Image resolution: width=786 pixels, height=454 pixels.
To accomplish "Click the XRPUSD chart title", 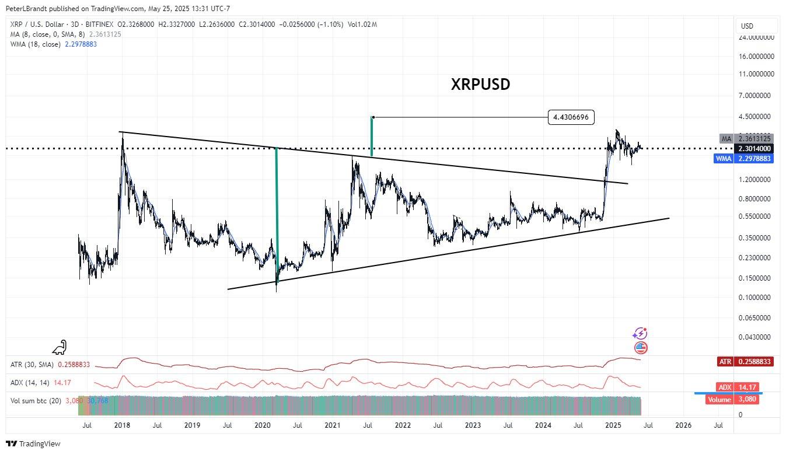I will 480,84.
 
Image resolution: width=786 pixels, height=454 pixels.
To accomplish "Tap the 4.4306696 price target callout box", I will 571,117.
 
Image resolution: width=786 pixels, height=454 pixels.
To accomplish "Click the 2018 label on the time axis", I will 122,425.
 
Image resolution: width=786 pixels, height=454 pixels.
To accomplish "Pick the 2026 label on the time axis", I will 683,425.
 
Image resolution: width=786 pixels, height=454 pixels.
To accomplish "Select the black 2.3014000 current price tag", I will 754,149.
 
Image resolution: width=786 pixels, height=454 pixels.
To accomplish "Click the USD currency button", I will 747,26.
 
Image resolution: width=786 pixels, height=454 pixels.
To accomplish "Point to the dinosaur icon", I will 60,348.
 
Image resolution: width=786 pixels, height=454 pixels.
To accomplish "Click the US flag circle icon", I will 641,348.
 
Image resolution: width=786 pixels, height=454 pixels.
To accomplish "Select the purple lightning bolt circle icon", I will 640,334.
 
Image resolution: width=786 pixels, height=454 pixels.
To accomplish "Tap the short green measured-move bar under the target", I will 372,137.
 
